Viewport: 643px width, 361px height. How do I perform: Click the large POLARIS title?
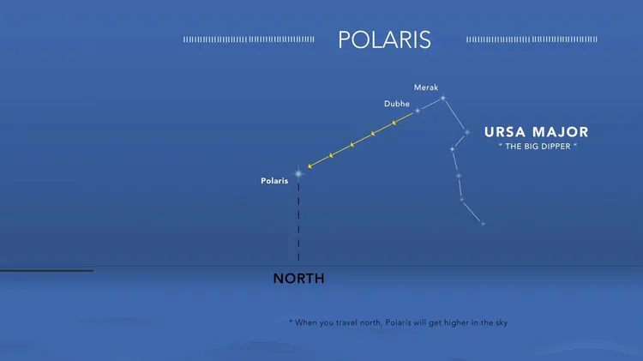click(x=384, y=39)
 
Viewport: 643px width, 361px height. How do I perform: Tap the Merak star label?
click(x=426, y=87)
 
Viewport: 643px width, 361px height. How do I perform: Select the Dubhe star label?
click(x=397, y=104)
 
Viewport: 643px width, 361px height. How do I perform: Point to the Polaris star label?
click(x=274, y=181)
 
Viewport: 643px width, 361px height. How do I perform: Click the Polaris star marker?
click(x=298, y=174)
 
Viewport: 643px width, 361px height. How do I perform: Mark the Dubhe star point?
click(x=418, y=111)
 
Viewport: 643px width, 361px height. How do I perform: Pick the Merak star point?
click(x=443, y=98)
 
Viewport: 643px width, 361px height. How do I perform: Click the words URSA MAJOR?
click(x=537, y=132)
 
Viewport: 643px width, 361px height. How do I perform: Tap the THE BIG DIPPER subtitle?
click(x=538, y=147)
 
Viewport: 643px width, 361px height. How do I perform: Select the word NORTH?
click(x=298, y=279)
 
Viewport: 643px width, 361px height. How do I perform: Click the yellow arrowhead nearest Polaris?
click(x=310, y=166)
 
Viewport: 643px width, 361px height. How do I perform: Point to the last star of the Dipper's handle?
click(x=483, y=224)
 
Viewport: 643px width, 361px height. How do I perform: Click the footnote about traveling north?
click(x=398, y=323)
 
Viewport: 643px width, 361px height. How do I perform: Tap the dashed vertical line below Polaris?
click(x=298, y=222)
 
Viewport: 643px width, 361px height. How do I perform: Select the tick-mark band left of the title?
click(x=249, y=39)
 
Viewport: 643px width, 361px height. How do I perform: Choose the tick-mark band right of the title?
click(x=532, y=39)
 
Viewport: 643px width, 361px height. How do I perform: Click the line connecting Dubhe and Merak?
click(x=430, y=105)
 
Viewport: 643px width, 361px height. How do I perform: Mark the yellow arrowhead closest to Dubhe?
click(x=394, y=123)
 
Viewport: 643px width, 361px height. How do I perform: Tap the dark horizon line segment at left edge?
click(x=47, y=271)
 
